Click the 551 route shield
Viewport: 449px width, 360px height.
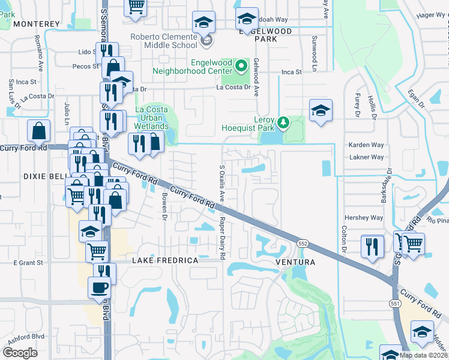click(x=396, y=304)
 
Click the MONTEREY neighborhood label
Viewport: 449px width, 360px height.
click(x=36, y=24)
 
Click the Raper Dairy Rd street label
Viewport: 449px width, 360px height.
click(x=222, y=239)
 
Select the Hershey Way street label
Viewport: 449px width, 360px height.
click(x=363, y=218)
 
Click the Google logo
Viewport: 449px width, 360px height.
click(x=20, y=352)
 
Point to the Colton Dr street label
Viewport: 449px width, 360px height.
click(x=345, y=239)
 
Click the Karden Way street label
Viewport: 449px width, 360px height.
click(x=366, y=145)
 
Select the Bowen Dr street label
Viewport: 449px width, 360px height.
click(x=163, y=206)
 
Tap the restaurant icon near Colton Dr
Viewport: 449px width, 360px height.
click(x=372, y=245)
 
